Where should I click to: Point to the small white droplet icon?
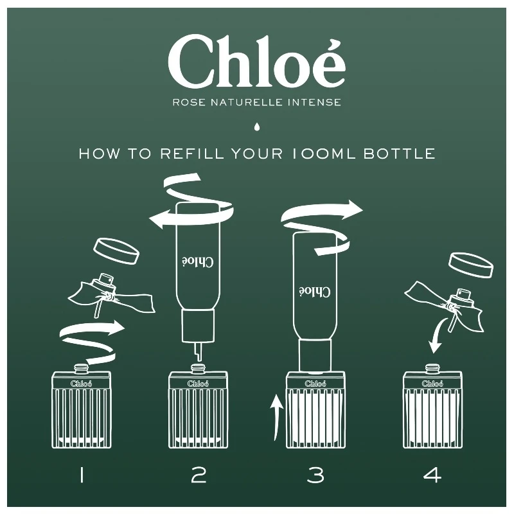click(x=257, y=127)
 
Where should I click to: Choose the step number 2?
click(x=199, y=475)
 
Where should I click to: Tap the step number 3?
click(x=315, y=475)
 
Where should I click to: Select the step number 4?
click(x=432, y=475)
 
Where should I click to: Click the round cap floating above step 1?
click(x=116, y=252)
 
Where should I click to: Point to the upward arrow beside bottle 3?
click(x=276, y=418)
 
